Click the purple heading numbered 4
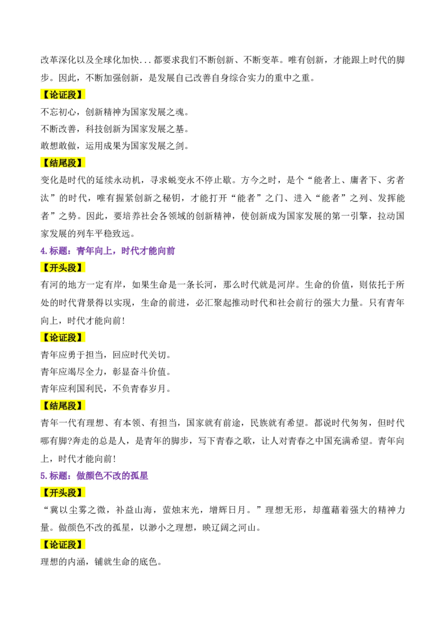108,251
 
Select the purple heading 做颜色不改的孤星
112,475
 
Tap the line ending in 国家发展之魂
115,111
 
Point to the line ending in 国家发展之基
115,129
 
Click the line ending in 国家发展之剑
115,145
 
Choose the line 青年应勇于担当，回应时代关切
106,355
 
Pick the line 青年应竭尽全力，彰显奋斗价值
106,371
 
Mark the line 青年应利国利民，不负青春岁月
106,389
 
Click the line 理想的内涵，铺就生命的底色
101,561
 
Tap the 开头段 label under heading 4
62,268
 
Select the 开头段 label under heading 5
62,493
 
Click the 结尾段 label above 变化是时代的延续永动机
62,163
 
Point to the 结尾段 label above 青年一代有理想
62,406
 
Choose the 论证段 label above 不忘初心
62,95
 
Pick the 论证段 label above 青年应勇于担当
62,338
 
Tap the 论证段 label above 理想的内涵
62,545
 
